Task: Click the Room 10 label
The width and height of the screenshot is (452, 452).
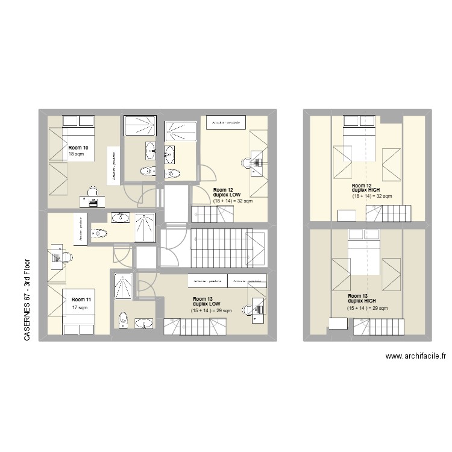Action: point(78,148)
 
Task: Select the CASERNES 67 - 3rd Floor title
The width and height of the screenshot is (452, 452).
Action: point(27,301)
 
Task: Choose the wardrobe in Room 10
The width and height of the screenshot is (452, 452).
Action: point(113,163)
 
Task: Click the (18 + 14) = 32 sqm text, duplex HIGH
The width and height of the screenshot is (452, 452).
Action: point(372,196)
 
